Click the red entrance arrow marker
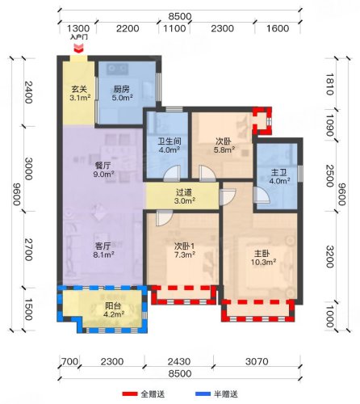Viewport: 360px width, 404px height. pyautogui.click(x=78, y=48)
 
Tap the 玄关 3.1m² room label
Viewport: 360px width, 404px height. pyautogui.click(x=80, y=93)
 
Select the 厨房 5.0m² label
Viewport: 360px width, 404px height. pyautogui.click(x=122, y=93)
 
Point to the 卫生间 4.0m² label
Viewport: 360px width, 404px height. pyautogui.click(x=170, y=145)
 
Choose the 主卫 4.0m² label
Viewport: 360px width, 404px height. pyautogui.click(x=279, y=176)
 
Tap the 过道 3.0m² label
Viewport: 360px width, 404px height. pyautogui.click(x=185, y=196)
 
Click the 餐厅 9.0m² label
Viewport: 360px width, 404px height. pyautogui.click(x=103, y=170)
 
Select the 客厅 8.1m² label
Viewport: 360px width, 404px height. pyautogui.click(x=103, y=250)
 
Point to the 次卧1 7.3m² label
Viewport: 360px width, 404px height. pyautogui.click(x=185, y=250)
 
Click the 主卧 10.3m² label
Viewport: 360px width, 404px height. pyautogui.click(x=263, y=258)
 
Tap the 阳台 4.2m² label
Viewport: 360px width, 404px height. pyautogui.click(x=114, y=309)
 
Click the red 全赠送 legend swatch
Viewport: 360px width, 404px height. pyautogui.click(x=130, y=394)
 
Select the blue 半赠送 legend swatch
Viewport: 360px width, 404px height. pyautogui.click(x=203, y=394)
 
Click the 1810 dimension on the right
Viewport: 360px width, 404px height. pyautogui.click(x=330, y=84)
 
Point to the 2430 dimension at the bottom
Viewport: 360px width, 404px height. pyautogui.click(x=179, y=361)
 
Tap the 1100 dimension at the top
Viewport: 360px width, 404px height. pyautogui.click(x=174, y=28)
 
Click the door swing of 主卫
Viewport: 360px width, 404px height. pyautogui.click(x=262, y=195)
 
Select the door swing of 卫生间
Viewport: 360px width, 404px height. pyautogui.click(x=171, y=173)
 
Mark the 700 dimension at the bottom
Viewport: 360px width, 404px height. pyautogui.click(x=69, y=361)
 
